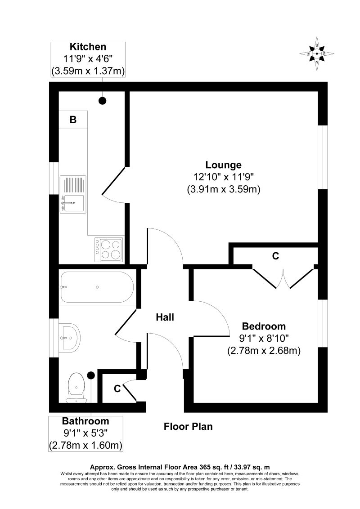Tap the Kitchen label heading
pos(88,46)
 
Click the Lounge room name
pos(224,165)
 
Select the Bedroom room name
pos(264,326)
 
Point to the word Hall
pos(165,317)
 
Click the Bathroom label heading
pos(85,421)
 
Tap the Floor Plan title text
pos(188,426)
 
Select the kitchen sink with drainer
pos(73,194)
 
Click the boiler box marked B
pos(73,120)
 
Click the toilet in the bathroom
pos(76,388)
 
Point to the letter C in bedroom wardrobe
pos(276,256)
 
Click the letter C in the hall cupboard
pos(117,388)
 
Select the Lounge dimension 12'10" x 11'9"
pos(224,177)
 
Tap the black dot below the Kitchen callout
pos(103,101)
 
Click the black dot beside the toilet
pos(90,375)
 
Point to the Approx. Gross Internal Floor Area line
pos(180,467)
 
